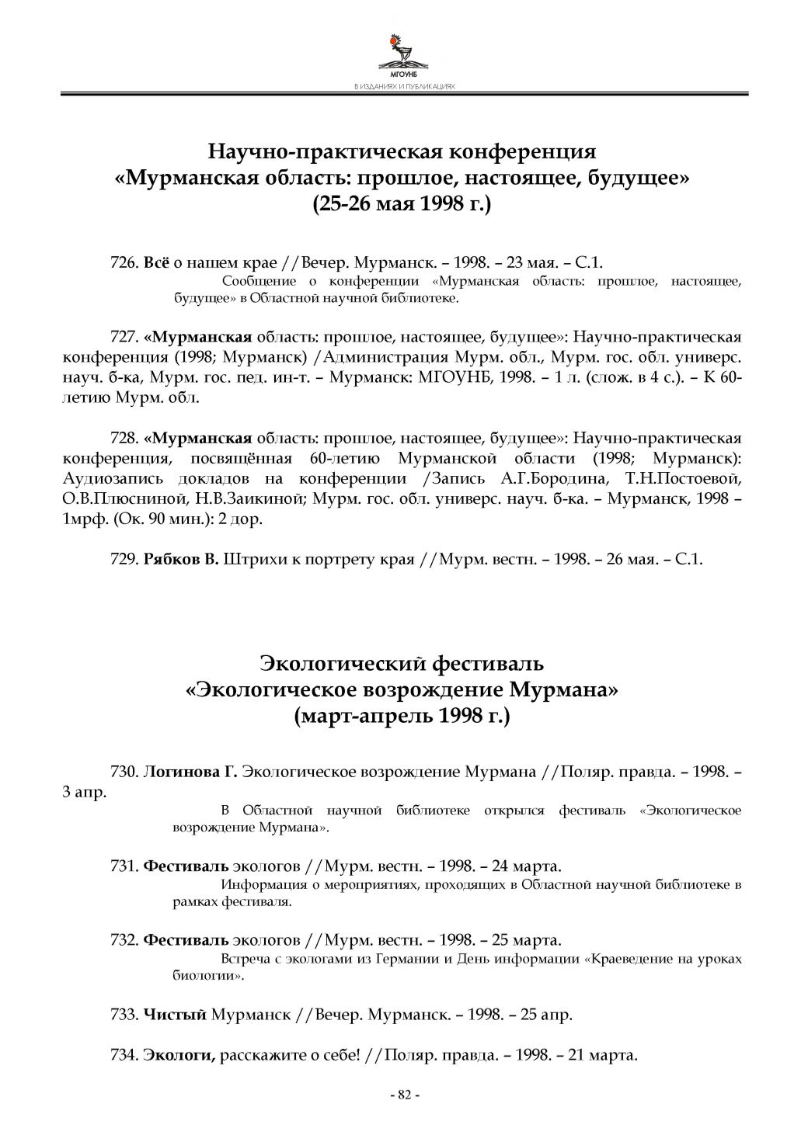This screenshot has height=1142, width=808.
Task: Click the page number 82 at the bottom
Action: coord(403,1095)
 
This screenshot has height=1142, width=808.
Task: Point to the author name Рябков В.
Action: coord(182,559)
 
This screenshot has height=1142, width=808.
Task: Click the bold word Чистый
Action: coord(176,1015)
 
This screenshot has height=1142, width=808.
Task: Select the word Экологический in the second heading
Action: coord(343,664)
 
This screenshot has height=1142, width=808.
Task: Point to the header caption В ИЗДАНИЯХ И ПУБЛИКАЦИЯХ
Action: coord(404,87)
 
